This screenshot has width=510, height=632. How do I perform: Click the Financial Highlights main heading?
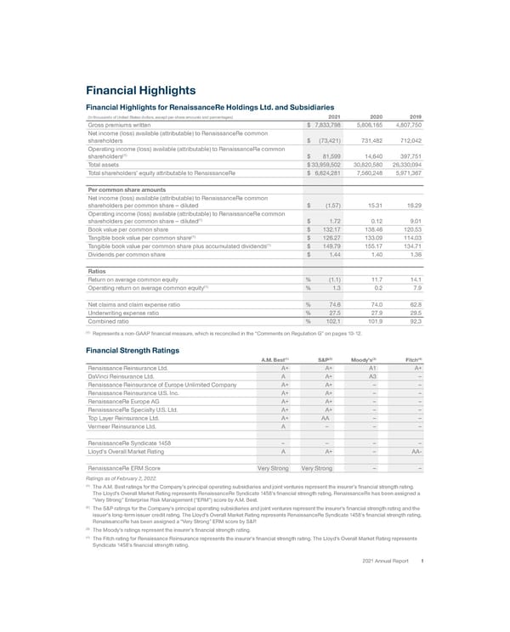pyautogui.click(x=141, y=91)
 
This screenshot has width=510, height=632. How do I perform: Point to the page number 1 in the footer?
pyautogui.click(x=422, y=584)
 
